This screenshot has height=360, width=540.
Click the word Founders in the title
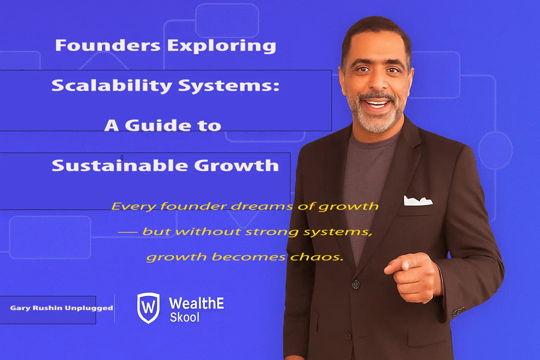(108, 46)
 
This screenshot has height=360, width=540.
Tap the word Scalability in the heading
(112, 86)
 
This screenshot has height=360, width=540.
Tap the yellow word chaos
(316, 257)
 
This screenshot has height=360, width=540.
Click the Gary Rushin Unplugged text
(62, 308)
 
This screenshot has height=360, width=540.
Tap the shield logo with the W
(148, 308)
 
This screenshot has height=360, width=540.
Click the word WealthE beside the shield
(196, 303)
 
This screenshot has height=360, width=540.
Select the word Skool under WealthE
(185, 317)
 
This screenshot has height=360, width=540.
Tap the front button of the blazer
(355, 283)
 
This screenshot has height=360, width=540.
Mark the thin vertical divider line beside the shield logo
(115, 308)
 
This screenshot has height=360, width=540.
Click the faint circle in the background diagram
(495, 149)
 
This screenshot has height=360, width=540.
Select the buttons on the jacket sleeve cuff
(458, 311)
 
